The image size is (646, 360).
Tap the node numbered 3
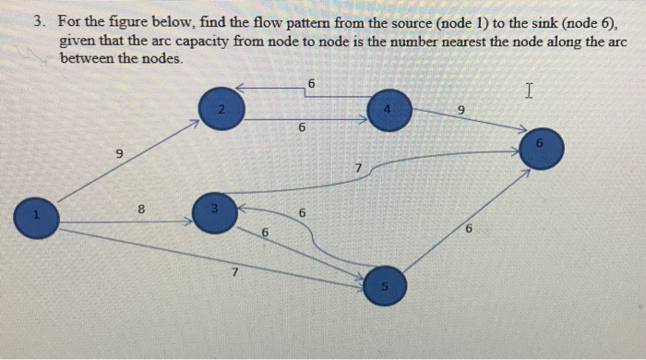pos(214,212)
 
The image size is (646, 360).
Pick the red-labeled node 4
pos(389,110)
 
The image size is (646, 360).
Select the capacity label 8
pos(141,210)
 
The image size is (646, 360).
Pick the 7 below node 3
pos(235,272)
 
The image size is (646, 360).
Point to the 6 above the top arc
pos(311,84)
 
